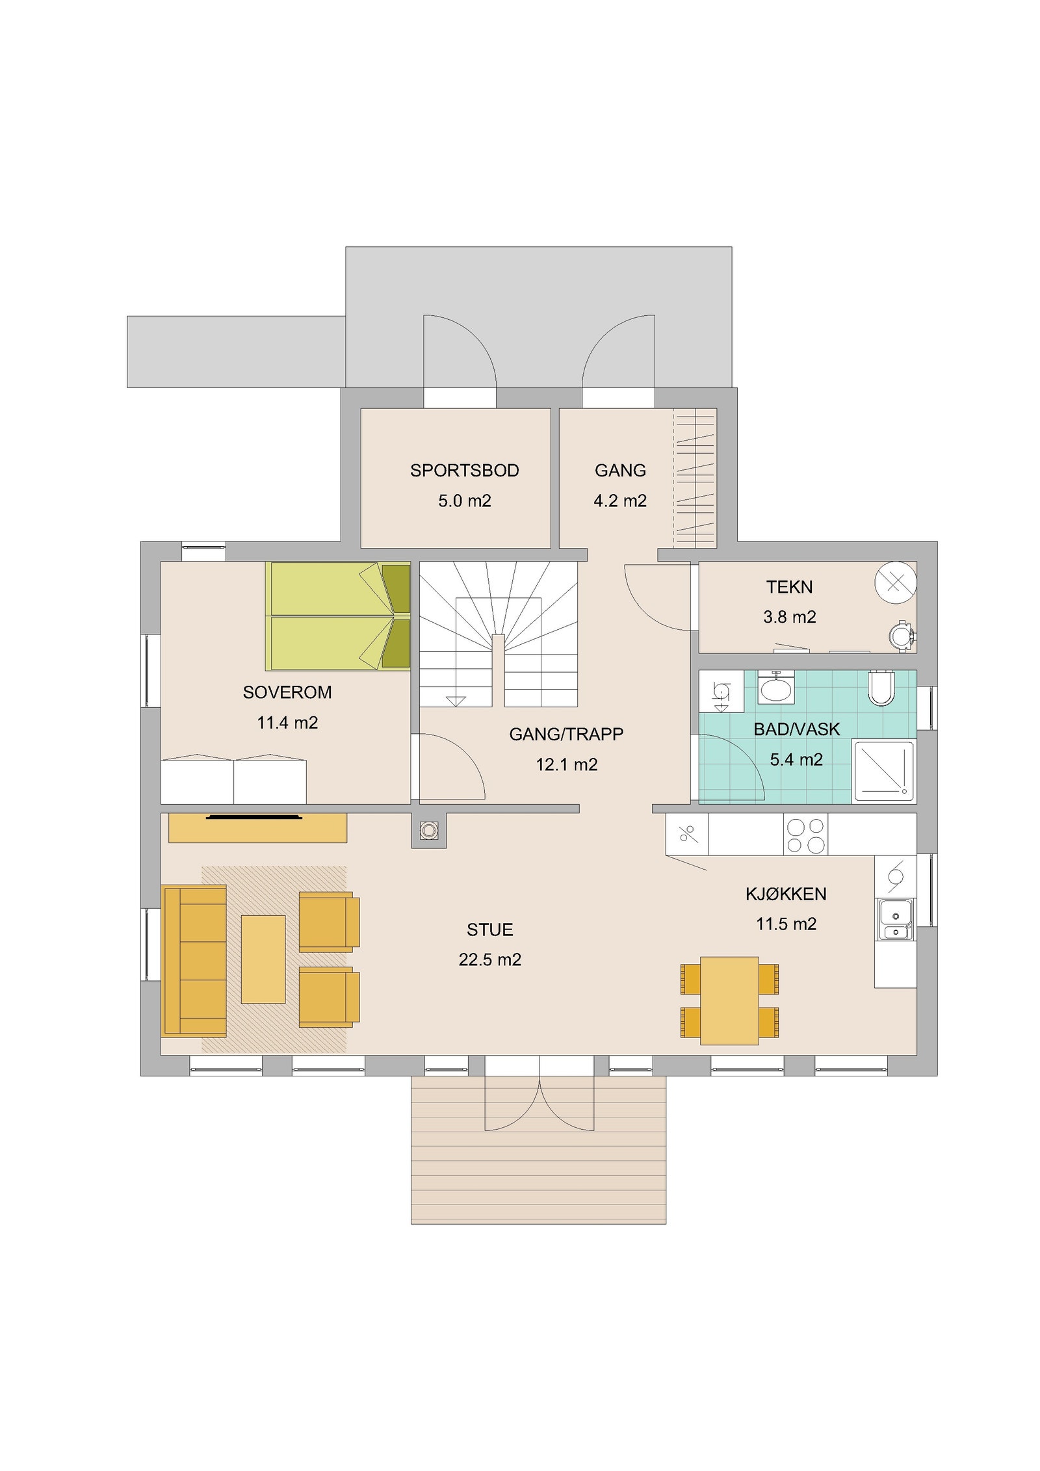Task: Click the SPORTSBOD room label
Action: point(464,471)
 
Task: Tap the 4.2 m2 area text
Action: point(620,501)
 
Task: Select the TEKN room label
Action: point(789,587)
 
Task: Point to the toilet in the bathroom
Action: point(881,688)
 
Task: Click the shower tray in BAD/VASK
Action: point(883,771)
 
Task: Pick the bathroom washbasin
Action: point(777,688)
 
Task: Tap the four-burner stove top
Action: point(805,835)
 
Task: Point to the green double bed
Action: point(338,616)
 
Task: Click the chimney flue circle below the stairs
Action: point(428,830)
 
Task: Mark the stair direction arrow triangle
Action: point(456,701)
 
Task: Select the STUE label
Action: point(489,930)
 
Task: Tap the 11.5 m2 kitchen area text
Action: point(786,924)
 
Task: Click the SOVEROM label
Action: point(287,692)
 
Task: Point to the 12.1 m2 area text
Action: point(566,764)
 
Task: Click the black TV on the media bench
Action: point(254,817)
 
